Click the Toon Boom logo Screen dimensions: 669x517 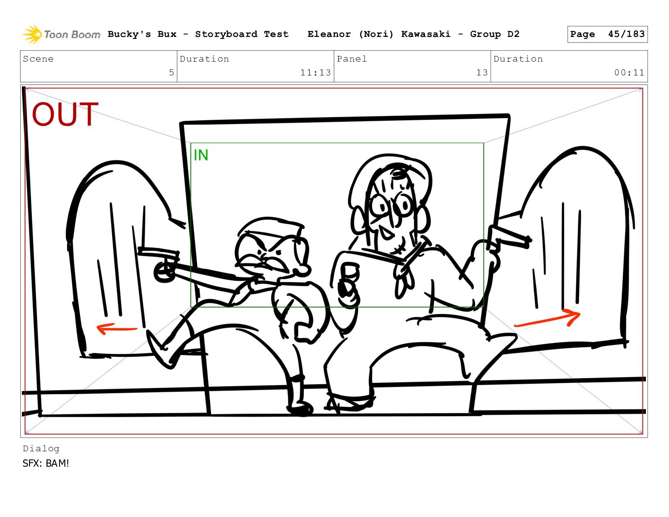point(61,34)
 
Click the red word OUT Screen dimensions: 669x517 point(65,114)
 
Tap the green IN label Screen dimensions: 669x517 point(201,155)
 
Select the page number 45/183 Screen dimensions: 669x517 point(626,34)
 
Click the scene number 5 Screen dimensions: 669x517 point(172,72)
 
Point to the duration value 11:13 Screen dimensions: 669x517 point(315,72)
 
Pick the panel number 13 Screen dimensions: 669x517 point(482,72)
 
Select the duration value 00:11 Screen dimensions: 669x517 point(629,72)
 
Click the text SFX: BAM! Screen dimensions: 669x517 point(45,463)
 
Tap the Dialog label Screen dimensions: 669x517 point(41,448)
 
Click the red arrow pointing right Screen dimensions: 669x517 point(547,318)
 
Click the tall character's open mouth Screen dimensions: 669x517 point(385,233)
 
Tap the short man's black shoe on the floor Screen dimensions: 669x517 point(300,409)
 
